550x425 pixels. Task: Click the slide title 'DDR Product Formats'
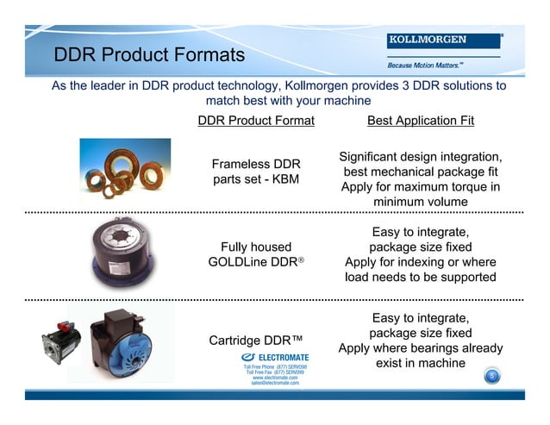(149, 56)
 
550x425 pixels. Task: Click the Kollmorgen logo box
(444, 41)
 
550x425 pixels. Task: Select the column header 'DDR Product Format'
(256, 121)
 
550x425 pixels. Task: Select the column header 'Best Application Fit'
(421, 121)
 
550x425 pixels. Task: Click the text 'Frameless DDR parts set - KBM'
(256, 172)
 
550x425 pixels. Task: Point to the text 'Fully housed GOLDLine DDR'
(256, 254)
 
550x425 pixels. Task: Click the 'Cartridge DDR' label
(256, 340)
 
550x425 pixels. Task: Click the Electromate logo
(275, 357)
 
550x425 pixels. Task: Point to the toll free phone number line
(275, 367)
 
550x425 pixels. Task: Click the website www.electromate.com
(275, 378)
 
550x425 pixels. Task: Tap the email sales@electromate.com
(275, 383)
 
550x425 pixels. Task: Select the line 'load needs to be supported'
(421, 278)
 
